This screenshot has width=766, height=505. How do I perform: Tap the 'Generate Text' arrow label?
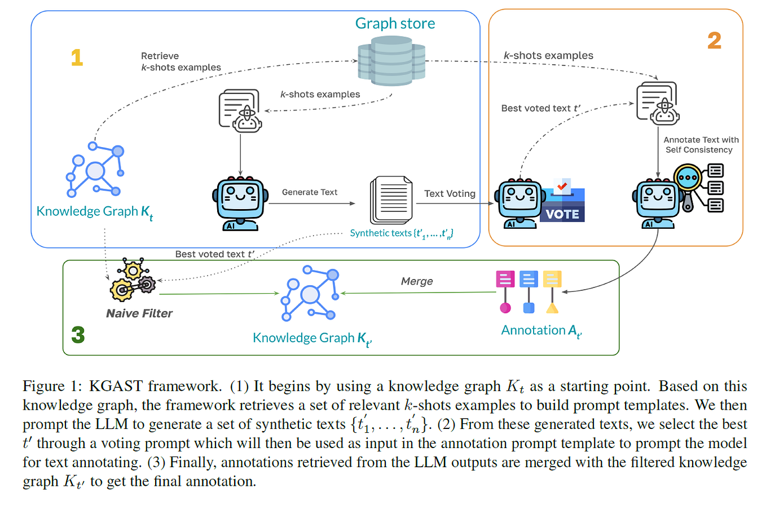tap(310, 192)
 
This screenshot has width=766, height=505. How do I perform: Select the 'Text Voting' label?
tap(450, 193)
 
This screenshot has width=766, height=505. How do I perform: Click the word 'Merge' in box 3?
tap(416, 281)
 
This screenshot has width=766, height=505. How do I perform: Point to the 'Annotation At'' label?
tap(544, 330)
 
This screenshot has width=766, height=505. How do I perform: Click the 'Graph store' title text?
tap(395, 23)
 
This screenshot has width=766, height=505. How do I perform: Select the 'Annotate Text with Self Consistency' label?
tap(701, 144)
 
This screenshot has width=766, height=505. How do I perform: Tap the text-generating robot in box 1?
tap(241, 203)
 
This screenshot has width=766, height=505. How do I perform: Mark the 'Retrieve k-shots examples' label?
tap(181, 61)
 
